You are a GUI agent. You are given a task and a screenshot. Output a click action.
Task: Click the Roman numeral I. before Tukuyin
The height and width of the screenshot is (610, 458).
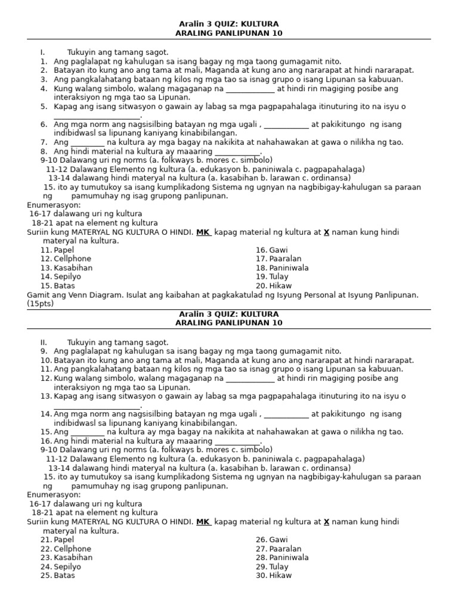tap(43, 52)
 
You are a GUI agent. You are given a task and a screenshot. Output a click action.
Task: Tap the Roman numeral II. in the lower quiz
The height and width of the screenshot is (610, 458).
tap(44, 343)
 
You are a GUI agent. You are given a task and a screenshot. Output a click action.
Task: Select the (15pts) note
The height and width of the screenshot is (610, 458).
tap(41, 304)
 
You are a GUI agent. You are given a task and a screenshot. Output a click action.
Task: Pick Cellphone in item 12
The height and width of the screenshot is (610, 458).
tap(72, 259)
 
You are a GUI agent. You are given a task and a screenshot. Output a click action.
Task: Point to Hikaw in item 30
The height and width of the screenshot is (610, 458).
tap(280, 576)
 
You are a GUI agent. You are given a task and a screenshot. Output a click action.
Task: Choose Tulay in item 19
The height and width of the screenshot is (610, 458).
tap(278, 277)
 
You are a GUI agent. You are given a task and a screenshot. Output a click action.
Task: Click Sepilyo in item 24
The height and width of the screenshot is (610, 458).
tap(67, 567)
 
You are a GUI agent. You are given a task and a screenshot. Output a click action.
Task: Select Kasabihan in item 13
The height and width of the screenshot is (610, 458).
tap(73, 268)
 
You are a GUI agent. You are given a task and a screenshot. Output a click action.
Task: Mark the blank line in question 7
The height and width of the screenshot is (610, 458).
tap(87, 143)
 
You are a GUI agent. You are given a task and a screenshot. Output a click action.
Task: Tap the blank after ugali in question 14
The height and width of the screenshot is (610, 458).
tap(286, 415)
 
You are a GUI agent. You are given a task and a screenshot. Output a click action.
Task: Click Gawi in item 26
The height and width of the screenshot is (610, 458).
tap(278, 540)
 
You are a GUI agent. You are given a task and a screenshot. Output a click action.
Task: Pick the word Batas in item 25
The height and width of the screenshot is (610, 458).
tap(64, 576)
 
